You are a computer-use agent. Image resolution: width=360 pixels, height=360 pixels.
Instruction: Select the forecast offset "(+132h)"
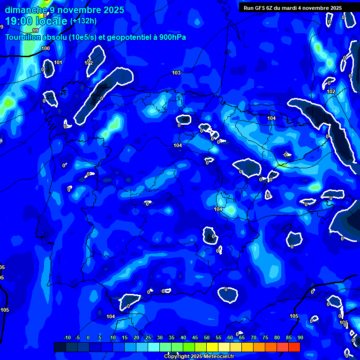83,21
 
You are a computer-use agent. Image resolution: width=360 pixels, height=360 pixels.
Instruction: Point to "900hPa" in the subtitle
171,37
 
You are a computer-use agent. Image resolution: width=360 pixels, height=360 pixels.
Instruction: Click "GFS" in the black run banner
260,7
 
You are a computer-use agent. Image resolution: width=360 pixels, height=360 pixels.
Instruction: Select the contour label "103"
176,73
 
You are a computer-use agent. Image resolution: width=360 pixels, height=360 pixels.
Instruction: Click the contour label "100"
45,48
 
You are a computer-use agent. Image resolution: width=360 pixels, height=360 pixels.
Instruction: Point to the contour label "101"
58,62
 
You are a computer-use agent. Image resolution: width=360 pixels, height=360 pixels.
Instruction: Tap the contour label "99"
36,44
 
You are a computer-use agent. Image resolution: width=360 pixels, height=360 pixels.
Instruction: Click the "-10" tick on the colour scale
67,337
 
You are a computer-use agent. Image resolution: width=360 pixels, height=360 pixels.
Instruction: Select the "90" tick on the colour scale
300,337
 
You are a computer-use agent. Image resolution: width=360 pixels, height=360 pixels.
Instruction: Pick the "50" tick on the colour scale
207,337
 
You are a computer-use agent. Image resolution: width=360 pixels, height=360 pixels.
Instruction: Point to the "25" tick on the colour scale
148,337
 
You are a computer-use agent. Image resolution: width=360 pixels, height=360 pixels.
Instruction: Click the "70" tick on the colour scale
254,337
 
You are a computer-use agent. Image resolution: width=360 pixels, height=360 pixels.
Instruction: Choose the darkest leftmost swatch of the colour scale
60,347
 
